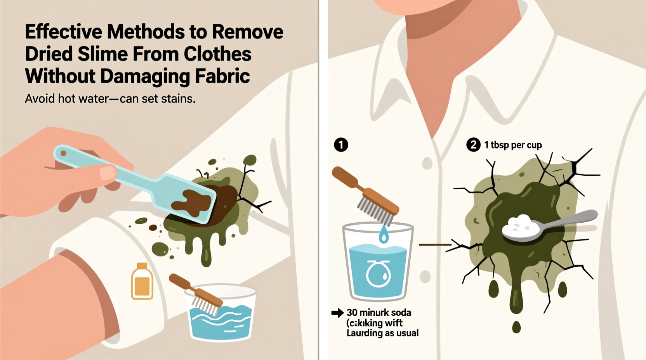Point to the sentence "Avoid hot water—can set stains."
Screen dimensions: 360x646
pyautogui.click(x=110, y=99)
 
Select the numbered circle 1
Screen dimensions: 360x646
pyautogui.click(x=341, y=145)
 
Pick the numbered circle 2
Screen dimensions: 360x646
pyautogui.click(x=473, y=145)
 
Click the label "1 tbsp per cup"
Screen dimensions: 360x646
pyautogui.click(x=513, y=145)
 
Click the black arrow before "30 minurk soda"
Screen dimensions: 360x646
pyautogui.click(x=337, y=313)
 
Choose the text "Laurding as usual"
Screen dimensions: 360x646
pyautogui.click(x=382, y=333)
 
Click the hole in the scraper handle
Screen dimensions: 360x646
pyautogui.click(x=63, y=154)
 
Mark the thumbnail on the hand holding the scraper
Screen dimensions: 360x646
pyautogui.click(x=107, y=173)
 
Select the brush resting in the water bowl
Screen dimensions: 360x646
pyautogui.click(x=196, y=294)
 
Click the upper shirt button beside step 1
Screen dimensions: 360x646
pyautogui.click(x=427, y=163)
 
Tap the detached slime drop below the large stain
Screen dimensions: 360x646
pyautogui.click(x=516, y=327)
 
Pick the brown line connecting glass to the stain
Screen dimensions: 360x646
pyautogui.click(x=435, y=245)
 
